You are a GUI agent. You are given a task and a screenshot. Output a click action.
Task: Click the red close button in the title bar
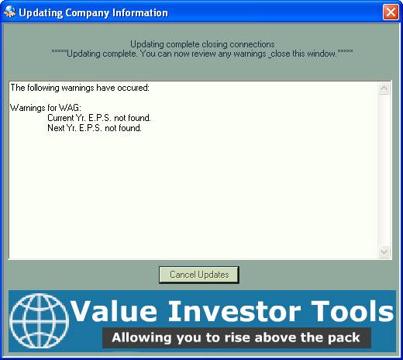391,12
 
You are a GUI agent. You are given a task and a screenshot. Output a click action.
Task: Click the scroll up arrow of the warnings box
384,88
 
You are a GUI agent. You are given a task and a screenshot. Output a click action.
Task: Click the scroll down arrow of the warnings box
384,251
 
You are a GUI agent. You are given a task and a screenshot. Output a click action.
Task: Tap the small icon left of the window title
10,12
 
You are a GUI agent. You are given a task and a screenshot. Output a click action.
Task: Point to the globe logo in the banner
39,321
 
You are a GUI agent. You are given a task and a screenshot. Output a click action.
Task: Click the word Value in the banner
114,311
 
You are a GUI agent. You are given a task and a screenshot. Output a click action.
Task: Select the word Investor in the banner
235,311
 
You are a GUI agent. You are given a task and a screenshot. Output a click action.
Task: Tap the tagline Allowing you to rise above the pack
236,337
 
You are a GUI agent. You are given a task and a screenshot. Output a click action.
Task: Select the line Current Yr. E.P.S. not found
99,118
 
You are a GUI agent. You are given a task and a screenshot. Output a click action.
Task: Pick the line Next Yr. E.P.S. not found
95,128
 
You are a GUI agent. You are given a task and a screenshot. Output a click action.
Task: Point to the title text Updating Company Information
93,12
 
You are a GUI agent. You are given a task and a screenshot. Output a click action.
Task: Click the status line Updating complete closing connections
202,44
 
